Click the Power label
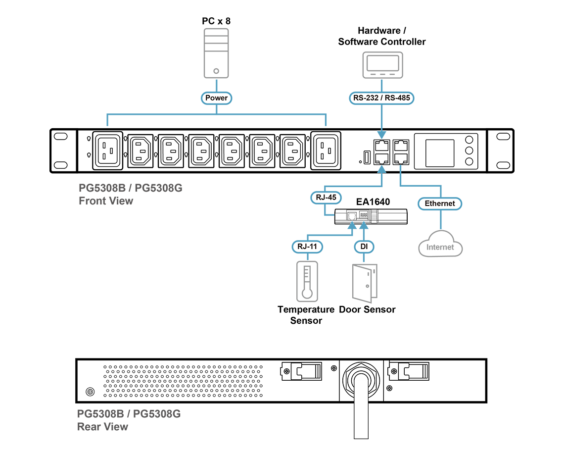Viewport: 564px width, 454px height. coord(217,98)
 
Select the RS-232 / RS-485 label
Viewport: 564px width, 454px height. coord(381,98)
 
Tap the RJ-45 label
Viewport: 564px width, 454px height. coord(327,198)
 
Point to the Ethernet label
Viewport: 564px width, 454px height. coord(440,203)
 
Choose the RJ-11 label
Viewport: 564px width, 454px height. coord(307,246)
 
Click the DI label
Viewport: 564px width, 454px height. coord(364,246)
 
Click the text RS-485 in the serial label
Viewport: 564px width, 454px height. coord(396,98)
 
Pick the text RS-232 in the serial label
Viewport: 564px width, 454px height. coord(366,98)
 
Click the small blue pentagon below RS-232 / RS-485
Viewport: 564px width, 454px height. coord(381,134)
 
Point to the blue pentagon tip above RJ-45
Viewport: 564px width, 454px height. coord(381,169)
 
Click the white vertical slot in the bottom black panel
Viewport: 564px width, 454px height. coord(361,408)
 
